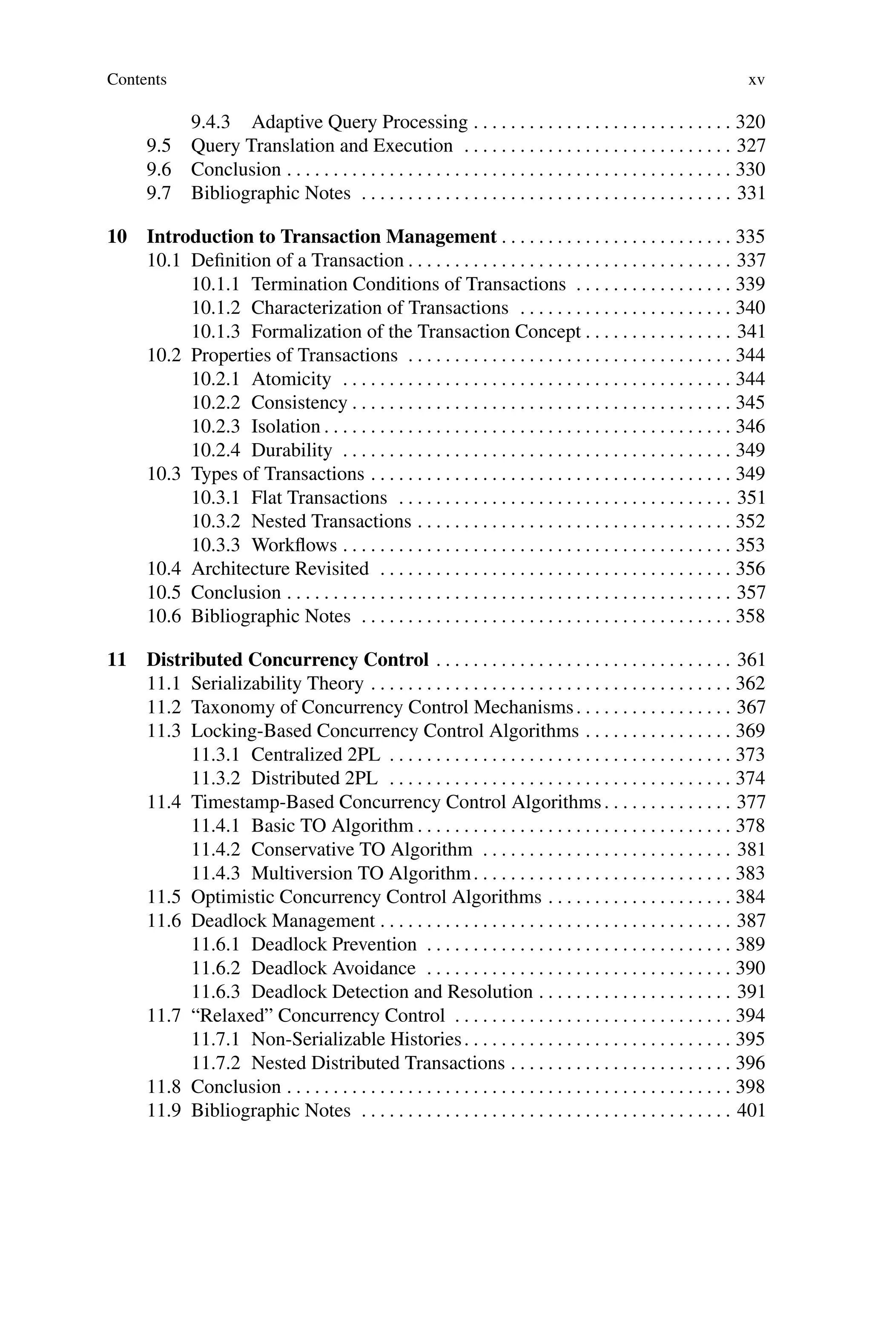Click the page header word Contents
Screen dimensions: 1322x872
coord(136,80)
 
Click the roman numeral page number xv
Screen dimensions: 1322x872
coord(756,80)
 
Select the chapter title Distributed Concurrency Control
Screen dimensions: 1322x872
coord(287,660)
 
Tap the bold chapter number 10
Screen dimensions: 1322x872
coord(117,236)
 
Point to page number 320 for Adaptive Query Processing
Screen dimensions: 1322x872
coord(750,122)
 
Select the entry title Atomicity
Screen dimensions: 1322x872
coord(291,379)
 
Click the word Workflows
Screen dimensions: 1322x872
coord(294,545)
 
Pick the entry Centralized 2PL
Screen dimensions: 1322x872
coord(316,754)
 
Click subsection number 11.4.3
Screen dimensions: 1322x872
coord(216,873)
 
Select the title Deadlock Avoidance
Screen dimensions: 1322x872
coord(333,968)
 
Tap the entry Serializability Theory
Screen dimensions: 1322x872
coord(277,683)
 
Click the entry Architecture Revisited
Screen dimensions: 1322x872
coord(280,569)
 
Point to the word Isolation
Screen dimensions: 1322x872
coord(285,426)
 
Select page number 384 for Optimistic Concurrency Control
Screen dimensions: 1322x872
coord(750,897)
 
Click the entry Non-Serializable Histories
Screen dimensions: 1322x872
coord(356,1039)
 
